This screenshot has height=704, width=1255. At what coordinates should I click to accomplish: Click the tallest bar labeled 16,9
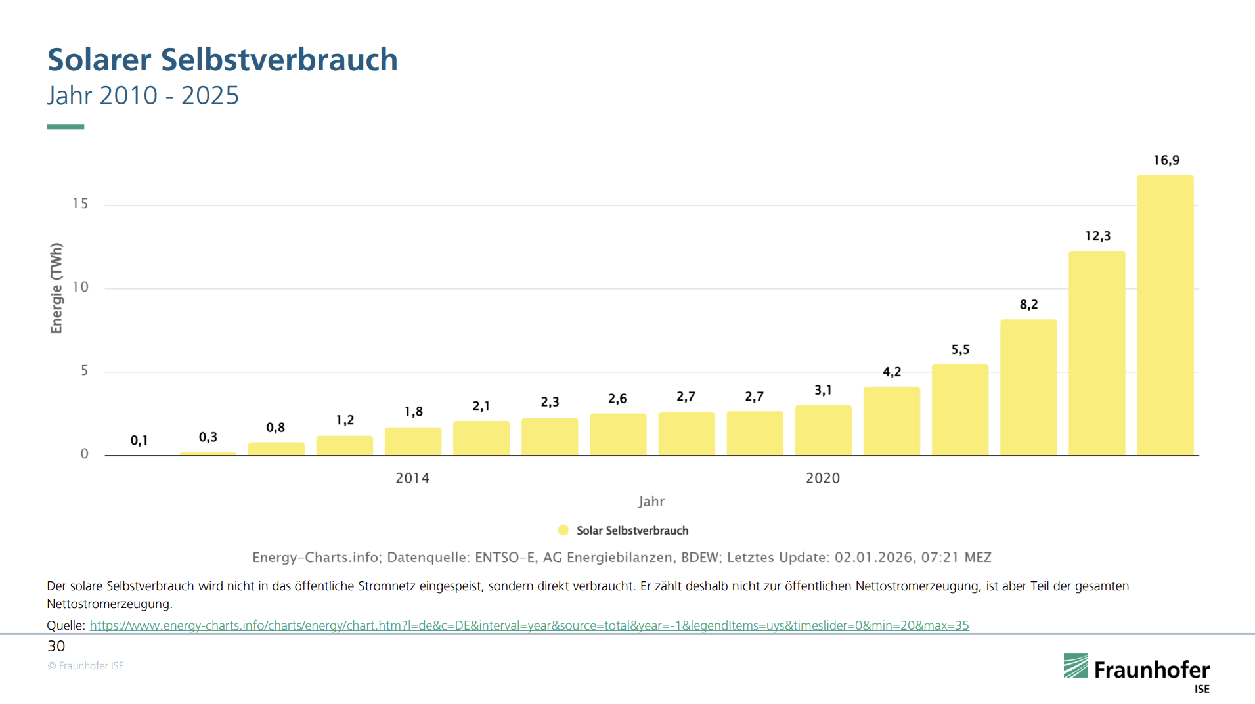point(1165,315)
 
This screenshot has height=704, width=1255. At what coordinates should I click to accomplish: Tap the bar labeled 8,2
point(1028,387)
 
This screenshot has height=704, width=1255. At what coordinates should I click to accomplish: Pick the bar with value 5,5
point(960,410)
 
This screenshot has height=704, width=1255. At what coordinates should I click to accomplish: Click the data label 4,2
point(892,372)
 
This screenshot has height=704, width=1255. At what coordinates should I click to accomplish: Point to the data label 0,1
point(139,440)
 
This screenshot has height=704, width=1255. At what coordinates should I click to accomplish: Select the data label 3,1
point(823,390)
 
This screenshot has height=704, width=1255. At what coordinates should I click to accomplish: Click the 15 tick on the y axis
point(80,204)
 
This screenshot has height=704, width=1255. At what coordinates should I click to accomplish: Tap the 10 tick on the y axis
point(80,287)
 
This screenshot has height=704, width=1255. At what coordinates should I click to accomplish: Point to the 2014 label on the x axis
point(412,478)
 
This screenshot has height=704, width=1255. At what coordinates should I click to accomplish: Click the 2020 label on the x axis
point(823,478)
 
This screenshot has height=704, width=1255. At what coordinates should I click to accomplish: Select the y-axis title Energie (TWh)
point(56,288)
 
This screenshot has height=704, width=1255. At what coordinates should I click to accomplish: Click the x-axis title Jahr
point(651,502)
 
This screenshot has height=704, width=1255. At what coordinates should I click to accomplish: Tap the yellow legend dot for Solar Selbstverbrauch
point(563,530)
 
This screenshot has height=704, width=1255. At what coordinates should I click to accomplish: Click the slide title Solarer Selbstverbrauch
point(223,60)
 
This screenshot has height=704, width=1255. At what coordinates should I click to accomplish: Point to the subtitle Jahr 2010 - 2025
point(143,96)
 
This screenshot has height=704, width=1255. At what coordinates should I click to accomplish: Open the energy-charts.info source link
point(529,625)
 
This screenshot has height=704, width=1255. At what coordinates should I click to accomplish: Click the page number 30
point(56,646)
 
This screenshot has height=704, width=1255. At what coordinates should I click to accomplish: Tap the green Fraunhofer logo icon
point(1076,666)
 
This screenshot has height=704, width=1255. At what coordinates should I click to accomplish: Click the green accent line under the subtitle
point(66,127)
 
